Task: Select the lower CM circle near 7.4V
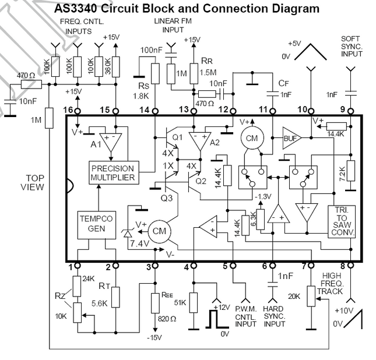(x=158, y=231)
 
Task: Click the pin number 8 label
(x=350, y=267)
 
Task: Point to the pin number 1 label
(x=70, y=267)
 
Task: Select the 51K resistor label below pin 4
(x=180, y=302)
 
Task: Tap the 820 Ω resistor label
(x=167, y=320)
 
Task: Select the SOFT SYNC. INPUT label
(x=352, y=46)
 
